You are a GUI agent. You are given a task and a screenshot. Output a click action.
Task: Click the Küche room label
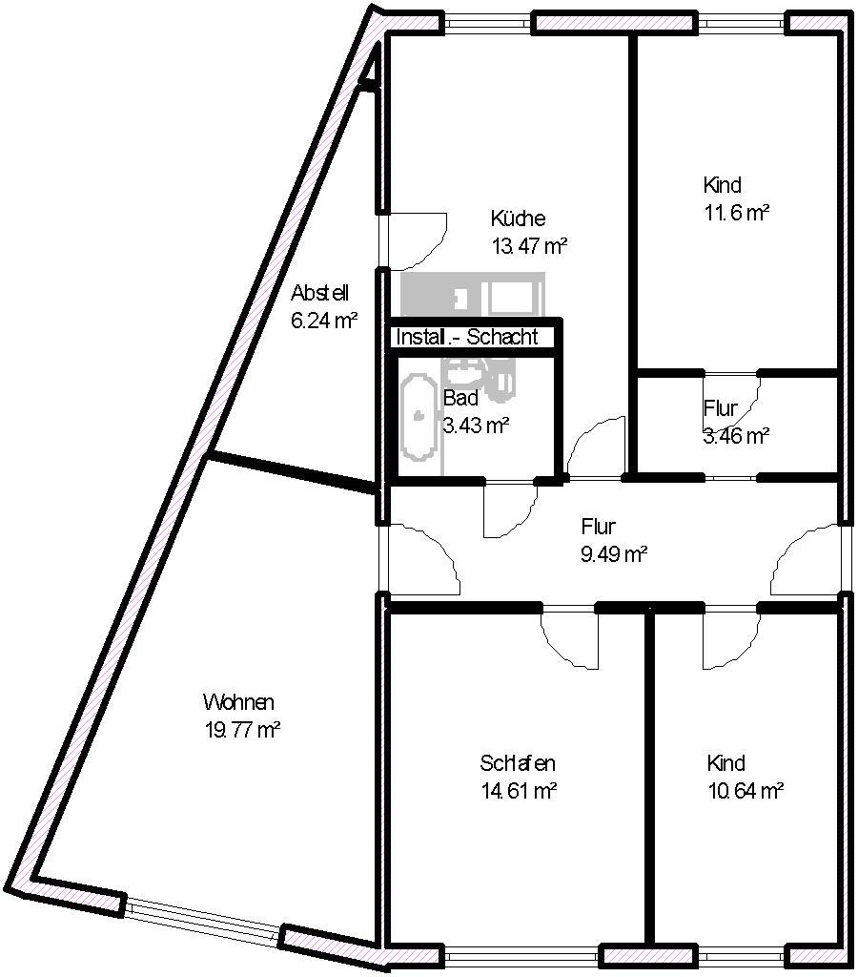[518, 218]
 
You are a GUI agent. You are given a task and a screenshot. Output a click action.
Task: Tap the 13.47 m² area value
[529, 246]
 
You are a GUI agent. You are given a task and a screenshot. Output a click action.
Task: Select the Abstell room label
[320, 293]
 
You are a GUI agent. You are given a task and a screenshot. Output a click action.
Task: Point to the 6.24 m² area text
[324, 321]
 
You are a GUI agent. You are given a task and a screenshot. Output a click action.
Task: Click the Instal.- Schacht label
[467, 337]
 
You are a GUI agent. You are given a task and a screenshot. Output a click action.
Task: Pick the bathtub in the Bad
[419, 416]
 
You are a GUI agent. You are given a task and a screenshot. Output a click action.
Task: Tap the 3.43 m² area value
[477, 426]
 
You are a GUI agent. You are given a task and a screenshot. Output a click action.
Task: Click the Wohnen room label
[238, 702]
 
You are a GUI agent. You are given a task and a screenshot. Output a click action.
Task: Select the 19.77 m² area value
[242, 730]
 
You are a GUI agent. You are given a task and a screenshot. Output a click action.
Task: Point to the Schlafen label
[518, 763]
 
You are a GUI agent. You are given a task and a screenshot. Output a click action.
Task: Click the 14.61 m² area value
[519, 791]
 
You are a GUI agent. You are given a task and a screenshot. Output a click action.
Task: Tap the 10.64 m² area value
[746, 791]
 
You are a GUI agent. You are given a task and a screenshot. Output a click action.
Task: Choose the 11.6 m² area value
[737, 213]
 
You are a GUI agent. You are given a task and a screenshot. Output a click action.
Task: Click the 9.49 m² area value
[615, 554]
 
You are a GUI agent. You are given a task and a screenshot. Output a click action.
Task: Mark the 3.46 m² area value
[737, 435]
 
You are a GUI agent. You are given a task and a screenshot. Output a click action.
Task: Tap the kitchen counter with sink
[473, 296]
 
